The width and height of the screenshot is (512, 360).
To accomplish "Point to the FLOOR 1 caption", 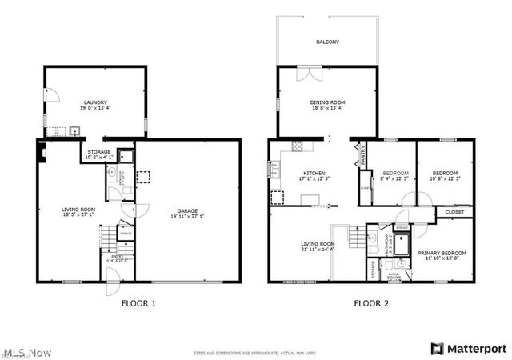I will click(x=138, y=303).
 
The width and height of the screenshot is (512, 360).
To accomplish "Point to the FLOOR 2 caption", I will click(x=372, y=303).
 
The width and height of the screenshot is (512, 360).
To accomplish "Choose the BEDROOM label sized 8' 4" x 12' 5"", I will click(x=395, y=176).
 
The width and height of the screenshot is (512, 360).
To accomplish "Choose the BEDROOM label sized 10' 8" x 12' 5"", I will click(x=445, y=176).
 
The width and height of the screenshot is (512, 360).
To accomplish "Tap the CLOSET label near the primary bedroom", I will click(x=454, y=213).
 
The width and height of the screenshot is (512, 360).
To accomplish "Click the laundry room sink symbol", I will click(x=74, y=132).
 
